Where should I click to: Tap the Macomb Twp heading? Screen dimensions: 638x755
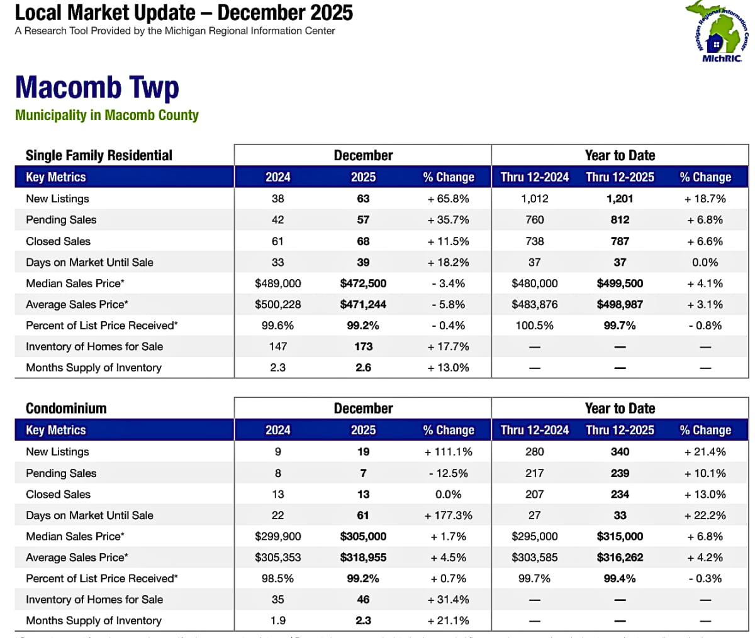97,87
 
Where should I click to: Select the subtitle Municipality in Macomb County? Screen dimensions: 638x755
107,115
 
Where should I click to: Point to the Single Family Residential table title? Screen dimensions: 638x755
99,155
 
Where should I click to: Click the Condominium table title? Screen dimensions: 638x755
66,408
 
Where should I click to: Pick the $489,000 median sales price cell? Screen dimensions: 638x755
277,283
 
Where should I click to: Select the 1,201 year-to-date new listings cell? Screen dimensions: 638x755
620,199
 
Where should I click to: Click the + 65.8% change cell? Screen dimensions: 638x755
448,199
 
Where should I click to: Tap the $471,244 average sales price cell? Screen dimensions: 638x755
363,304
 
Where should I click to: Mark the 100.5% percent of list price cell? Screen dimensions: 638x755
534,326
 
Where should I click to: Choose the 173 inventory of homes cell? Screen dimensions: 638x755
363,346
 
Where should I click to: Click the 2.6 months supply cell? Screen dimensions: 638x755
363,368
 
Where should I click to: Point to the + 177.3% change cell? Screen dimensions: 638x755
448,515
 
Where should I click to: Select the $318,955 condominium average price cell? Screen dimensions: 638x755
363,558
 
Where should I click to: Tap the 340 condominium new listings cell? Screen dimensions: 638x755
620,452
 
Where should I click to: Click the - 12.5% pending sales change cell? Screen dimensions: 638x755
448,473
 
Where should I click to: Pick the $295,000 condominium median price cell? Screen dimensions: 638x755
534,536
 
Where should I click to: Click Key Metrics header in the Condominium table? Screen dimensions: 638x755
56,430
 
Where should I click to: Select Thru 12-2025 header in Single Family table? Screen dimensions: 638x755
620,177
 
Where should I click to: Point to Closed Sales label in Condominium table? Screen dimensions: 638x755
58,494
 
